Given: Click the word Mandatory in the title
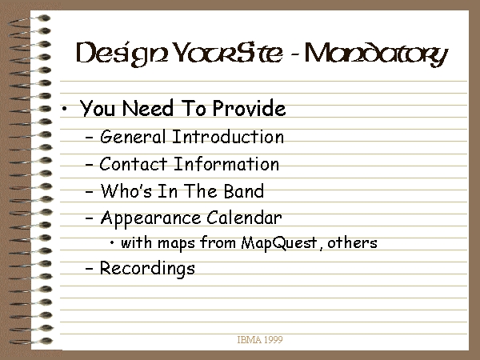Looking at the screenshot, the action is coord(376,54).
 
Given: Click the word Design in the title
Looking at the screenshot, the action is coord(122,54).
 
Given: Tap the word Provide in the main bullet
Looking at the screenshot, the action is coord(249,108).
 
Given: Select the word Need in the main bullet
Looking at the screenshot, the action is coord(148,108).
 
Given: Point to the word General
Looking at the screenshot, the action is coord(133,137).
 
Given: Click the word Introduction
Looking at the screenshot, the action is coord(228,137).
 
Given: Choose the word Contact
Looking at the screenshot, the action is coord(133,164).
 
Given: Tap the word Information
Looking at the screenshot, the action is coord(226,164).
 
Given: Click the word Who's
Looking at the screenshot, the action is coord(126,190).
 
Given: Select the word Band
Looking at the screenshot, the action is coord(244,190).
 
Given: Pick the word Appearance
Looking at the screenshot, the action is coord(150,218).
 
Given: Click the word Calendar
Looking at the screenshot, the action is coord(244,218).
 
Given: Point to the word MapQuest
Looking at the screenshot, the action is coord(279,243).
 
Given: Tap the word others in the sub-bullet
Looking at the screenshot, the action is coord(352,242).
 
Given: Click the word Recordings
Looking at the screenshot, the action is coord(147,269).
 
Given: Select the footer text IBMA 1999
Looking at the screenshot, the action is coord(260,339).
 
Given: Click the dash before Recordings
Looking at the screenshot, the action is coord(89,268).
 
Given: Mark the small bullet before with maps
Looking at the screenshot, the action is coord(112,243).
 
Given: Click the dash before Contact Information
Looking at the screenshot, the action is coord(89,164).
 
